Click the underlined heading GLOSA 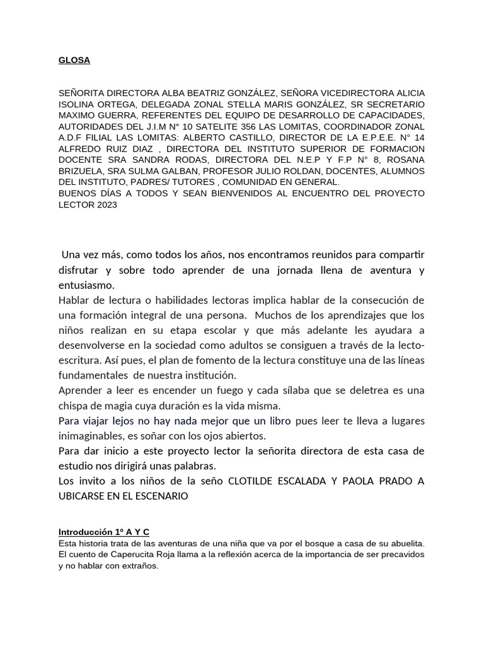click(x=74, y=61)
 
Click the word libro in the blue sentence click(x=276, y=421)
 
